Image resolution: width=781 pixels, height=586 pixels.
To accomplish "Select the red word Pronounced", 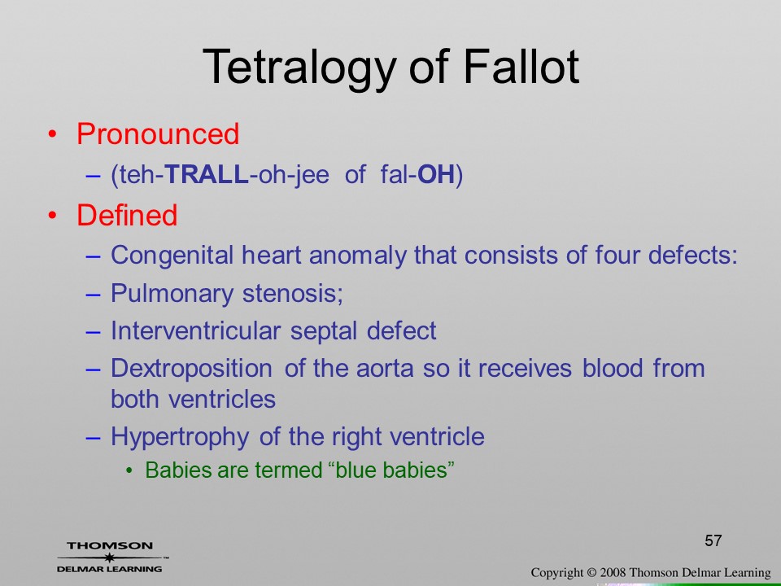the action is click(158, 133).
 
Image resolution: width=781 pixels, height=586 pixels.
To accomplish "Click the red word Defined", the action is click(127, 215).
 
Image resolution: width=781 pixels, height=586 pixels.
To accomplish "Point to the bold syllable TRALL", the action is click(206, 174).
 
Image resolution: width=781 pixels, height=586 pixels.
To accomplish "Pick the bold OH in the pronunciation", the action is click(436, 174).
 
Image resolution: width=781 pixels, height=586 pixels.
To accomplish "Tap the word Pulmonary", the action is click(172, 294).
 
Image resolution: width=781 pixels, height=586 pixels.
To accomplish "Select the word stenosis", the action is click(291, 293).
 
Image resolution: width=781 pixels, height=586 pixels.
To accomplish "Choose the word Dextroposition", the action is click(191, 370).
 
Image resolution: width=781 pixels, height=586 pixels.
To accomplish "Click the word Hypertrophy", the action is click(180, 437).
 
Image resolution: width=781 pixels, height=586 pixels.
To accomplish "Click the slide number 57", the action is click(713, 540).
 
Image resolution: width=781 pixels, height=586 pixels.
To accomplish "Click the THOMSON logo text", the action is click(110, 546).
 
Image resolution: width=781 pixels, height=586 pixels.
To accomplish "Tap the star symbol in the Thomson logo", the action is click(108, 558).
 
